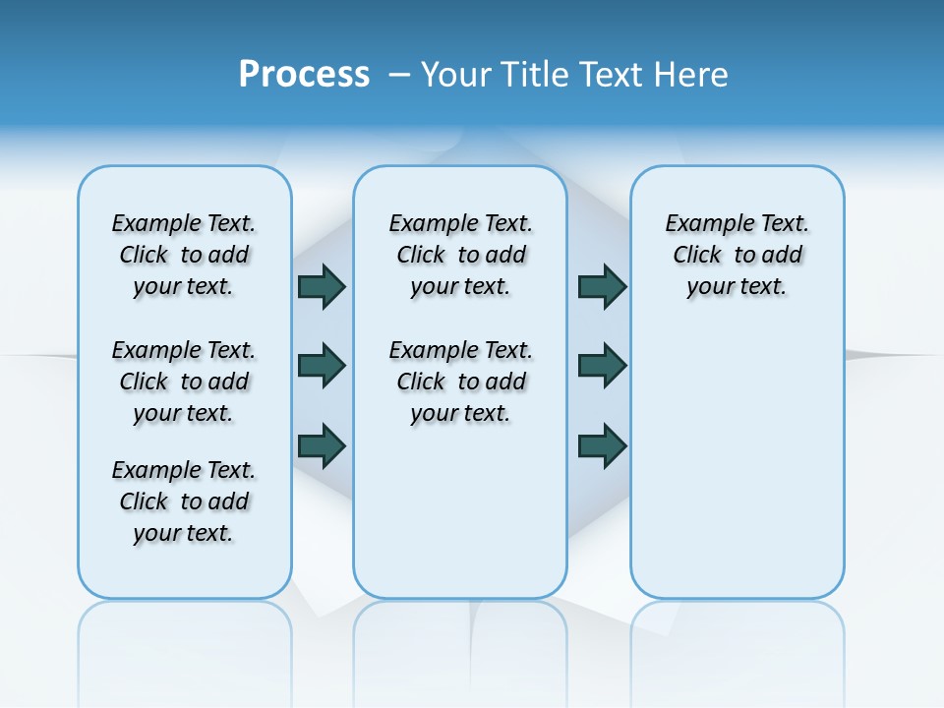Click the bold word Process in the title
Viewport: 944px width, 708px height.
tap(304, 75)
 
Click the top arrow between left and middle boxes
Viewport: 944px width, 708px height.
tap(322, 287)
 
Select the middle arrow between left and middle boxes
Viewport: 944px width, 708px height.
tap(322, 366)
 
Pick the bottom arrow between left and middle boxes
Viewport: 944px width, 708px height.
tap(322, 444)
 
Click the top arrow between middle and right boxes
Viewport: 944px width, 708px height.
tap(602, 287)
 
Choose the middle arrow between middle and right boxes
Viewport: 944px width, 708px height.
tap(602, 366)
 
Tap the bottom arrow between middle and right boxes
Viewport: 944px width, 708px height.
tap(602, 444)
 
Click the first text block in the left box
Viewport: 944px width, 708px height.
tap(184, 255)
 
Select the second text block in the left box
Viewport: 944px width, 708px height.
tap(184, 382)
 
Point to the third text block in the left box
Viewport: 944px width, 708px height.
tap(184, 501)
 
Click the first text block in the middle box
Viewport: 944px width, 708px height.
tap(461, 255)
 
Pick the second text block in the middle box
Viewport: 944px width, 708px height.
tap(461, 382)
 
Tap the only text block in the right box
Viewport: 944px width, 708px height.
tap(737, 255)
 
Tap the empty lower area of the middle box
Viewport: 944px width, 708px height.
tap(460, 511)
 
